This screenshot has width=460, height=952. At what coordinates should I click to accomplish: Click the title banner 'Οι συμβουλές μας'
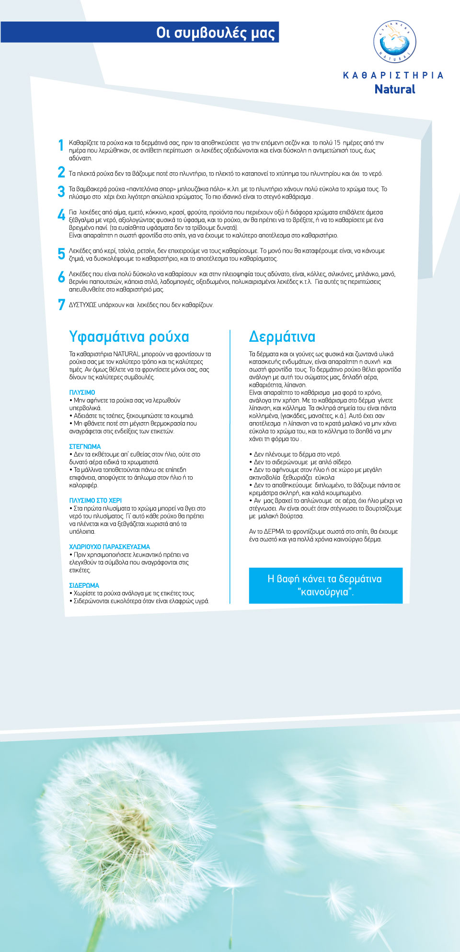click(215, 33)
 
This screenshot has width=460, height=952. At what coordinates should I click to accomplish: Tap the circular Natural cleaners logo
click(394, 42)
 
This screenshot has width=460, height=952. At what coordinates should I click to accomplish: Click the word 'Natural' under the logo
click(394, 89)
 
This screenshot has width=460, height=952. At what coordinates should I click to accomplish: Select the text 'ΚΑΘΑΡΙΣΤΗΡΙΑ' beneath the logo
click(393, 75)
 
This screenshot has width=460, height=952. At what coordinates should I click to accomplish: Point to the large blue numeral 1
click(61, 145)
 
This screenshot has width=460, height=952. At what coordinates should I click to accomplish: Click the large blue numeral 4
click(61, 214)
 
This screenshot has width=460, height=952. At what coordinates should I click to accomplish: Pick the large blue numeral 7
click(61, 304)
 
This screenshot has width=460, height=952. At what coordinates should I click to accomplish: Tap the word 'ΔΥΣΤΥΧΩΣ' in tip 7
click(82, 305)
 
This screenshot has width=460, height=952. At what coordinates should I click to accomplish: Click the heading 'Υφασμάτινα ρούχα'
click(129, 336)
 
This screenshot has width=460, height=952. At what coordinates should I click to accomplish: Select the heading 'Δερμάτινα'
click(282, 336)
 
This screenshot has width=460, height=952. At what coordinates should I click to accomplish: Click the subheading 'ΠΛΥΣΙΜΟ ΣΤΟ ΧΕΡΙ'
click(95, 500)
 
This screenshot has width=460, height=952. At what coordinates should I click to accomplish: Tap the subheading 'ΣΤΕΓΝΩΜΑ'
click(85, 446)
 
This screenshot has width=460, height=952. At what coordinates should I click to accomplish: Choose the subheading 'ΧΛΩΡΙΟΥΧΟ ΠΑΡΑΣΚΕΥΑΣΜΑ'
click(109, 547)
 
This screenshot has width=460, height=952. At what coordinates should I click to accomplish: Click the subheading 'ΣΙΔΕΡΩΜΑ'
click(84, 585)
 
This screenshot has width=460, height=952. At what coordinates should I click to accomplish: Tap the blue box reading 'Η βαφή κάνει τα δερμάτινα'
click(325, 585)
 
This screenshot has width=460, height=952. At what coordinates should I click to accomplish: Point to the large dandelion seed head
click(125, 823)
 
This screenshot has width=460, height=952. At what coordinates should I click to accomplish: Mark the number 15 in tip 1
click(337, 143)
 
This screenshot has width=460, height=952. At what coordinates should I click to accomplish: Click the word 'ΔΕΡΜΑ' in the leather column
click(274, 531)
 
